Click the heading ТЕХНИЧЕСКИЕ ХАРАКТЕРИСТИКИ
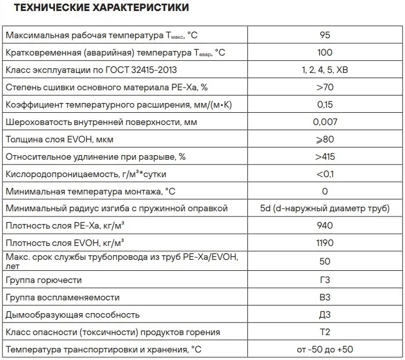click(x=101, y=9)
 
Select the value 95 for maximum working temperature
click(x=324, y=35)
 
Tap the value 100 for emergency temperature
click(x=324, y=53)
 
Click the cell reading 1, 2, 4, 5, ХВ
click(x=324, y=70)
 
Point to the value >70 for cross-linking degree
click(x=324, y=87)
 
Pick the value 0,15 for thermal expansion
click(x=324, y=105)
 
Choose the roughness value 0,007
click(x=324, y=122)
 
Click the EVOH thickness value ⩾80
click(x=324, y=139)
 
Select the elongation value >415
click(x=324, y=157)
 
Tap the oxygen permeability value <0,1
click(x=324, y=174)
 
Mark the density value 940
click(x=324, y=226)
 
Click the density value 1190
click(x=324, y=243)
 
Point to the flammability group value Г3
click(x=324, y=280)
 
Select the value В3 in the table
click(x=324, y=297)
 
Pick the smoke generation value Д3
click(x=324, y=314)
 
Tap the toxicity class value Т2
click(x=324, y=332)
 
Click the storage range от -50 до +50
click(x=324, y=350)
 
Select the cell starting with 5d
click(x=324, y=208)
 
